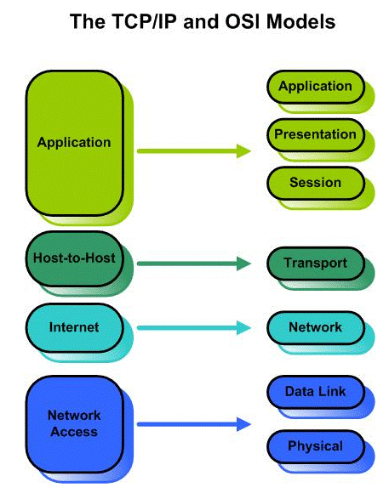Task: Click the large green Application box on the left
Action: coord(75,142)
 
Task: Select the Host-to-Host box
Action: coord(75,257)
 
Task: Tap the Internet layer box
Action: coord(75,327)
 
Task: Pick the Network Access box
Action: coord(75,423)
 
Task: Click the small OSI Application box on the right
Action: coord(315,86)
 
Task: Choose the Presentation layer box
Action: coord(315,134)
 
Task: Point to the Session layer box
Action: coord(315,183)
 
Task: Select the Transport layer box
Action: coord(315,264)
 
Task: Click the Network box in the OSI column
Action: coord(315,327)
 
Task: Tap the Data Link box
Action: coord(315,391)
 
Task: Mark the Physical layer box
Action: coord(315,445)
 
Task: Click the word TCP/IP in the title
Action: coord(131,21)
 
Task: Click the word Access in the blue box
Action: coord(74,432)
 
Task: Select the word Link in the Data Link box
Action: coord(335,391)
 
